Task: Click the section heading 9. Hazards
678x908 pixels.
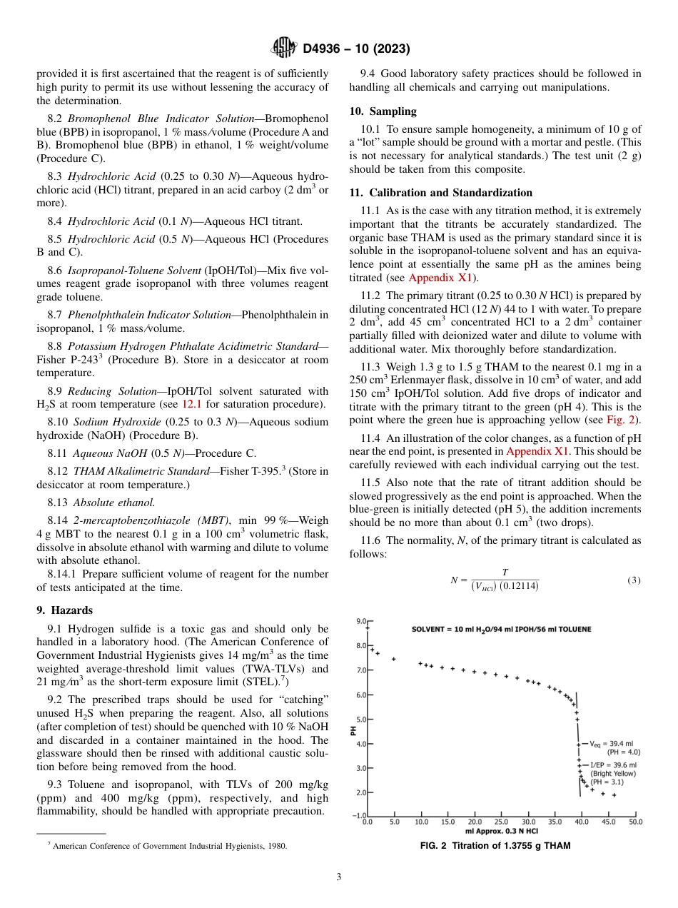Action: (66, 610)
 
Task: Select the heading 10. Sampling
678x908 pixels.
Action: (383, 111)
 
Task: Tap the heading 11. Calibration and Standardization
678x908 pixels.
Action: (440, 193)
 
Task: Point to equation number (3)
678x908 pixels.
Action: (634, 580)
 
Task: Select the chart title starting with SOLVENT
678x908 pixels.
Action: (501, 629)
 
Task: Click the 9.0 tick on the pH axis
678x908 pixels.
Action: (360, 622)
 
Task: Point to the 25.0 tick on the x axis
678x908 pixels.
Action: (502, 822)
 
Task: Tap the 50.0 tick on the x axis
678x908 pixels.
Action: (634, 822)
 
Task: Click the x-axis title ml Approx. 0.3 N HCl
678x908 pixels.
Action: (500, 831)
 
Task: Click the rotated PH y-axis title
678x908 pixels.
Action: (354, 730)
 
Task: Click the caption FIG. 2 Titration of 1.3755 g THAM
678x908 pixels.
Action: (497, 846)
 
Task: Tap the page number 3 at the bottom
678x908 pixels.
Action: (339, 877)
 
